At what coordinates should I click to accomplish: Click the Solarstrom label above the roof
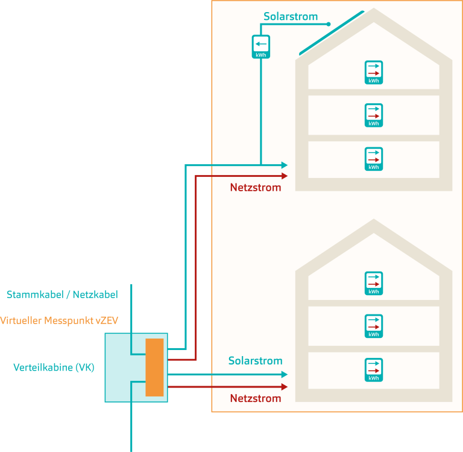tap(291, 16)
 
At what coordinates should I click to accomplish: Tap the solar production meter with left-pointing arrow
tap(260, 47)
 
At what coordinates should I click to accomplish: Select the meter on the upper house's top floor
tap(374, 72)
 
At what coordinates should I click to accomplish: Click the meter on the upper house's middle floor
tap(374, 115)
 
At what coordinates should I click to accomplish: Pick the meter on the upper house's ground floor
tap(374, 159)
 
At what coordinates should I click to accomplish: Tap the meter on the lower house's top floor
tap(374, 283)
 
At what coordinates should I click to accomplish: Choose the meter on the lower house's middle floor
tap(374, 326)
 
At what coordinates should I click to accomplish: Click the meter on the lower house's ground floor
tap(374, 369)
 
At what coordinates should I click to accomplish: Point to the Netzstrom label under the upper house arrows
tap(256, 188)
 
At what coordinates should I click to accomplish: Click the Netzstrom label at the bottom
tap(256, 398)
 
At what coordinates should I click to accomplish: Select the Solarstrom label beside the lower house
tap(255, 361)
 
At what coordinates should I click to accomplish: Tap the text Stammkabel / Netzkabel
tap(62, 295)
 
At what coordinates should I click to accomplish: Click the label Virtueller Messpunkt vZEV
tap(58, 320)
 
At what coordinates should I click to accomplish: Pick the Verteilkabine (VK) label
tap(54, 367)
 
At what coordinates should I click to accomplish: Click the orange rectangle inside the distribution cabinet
tap(154, 368)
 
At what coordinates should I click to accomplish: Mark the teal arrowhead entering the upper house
tap(284, 165)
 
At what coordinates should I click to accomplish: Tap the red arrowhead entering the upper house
tap(284, 176)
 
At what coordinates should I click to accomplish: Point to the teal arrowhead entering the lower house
tap(284, 375)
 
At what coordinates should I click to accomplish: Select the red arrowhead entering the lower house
tap(284, 386)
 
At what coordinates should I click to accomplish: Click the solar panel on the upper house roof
tap(331, 33)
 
